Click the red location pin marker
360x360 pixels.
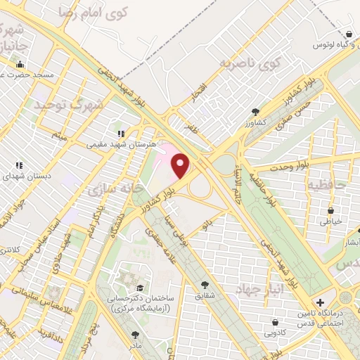pyautogui.click(x=181, y=166)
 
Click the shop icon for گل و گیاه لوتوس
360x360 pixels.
pyautogui.click(x=349, y=34)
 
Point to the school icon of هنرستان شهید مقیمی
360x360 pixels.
pyautogui.click(x=121, y=131)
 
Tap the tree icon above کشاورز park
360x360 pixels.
pyautogui.click(x=255, y=111)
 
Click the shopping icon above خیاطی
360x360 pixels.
pyautogui.click(x=330, y=210)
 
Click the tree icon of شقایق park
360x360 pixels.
pyautogui.click(x=205, y=285)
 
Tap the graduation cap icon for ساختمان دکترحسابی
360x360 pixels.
pyautogui.click(x=141, y=288)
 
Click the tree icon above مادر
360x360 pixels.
pyautogui.click(x=134, y=335)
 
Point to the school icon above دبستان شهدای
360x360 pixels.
pyautogui.click(x=20, y=165)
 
